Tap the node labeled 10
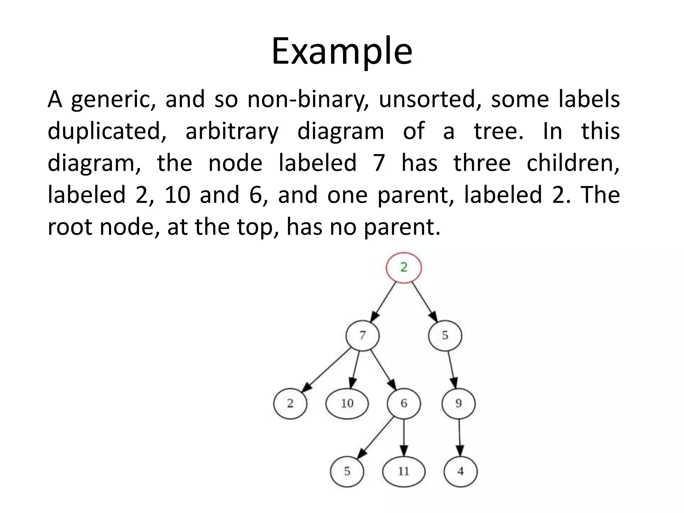coord(347,403)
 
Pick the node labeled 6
coord(404,403)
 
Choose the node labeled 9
coord(459,403)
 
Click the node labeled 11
coord(404,472)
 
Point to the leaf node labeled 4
coord(461,472)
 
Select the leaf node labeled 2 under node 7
coord(290,403)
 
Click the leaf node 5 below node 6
coord(347,472)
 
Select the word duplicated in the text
coord(107,131)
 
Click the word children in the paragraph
coord(573,163)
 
